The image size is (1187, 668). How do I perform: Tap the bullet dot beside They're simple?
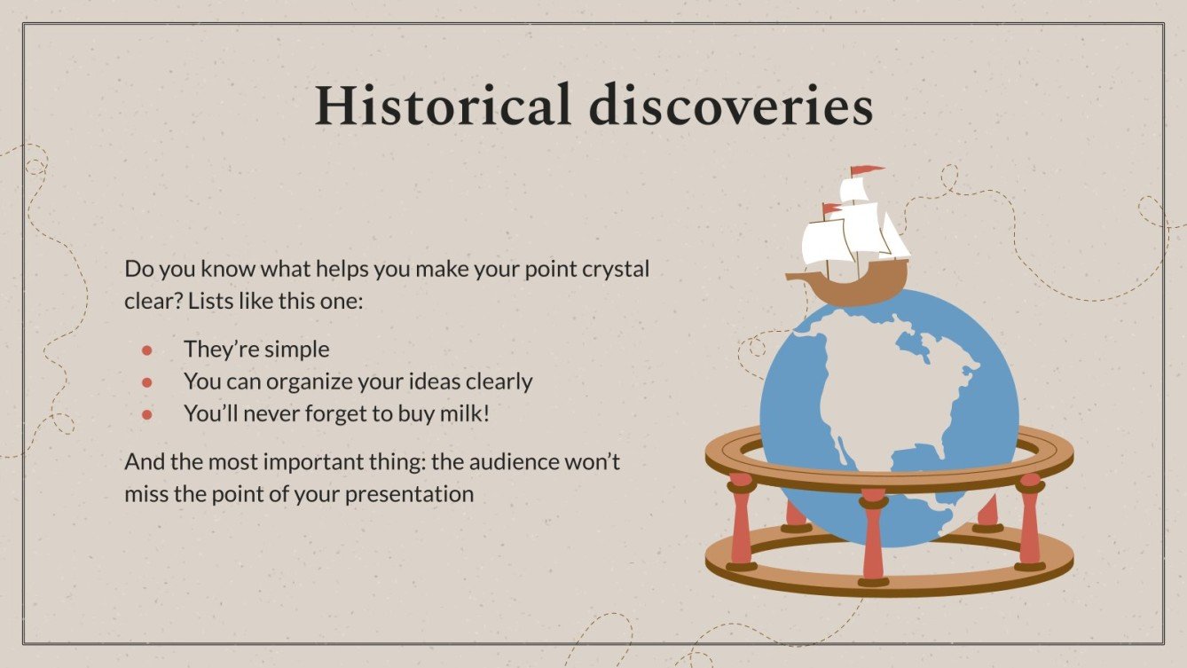pos(147,350)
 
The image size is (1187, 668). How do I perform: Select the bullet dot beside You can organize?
pos(147,382)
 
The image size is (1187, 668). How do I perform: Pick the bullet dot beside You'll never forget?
pos(147,414)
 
